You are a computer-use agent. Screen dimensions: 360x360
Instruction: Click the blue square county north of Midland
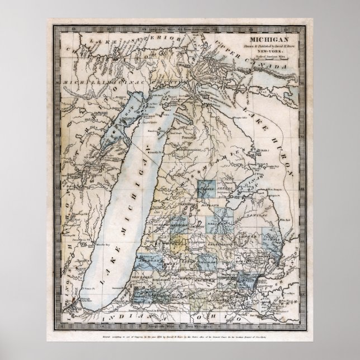coord(207,191)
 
